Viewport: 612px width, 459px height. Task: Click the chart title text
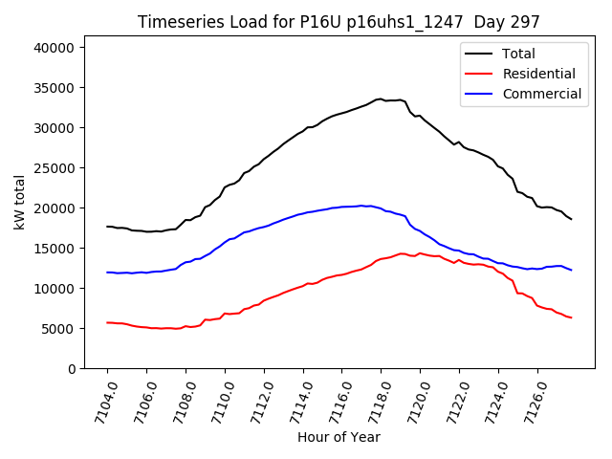pyautogui.click(x=339, y=22)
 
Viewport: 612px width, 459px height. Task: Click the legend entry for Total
pyautogui.click(x=518, y=54)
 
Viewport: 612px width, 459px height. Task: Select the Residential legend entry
pyautogui.click(x=538, y=74)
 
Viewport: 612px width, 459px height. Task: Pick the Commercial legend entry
pyautogui.click(x=541, y=94)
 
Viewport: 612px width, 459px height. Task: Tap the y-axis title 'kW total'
pyautogui.click(x=19, y=202)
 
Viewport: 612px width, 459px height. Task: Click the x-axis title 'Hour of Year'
pyautogui.click(x=339, y=437)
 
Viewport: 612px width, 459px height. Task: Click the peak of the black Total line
pyautogui.click(x=381, y=98)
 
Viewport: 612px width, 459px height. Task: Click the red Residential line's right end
pyautogui.click(x=571, y=317)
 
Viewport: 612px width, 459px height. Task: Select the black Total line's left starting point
pyautogui.click(x=107, y=227)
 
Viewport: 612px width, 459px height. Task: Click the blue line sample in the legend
pyautogui.click(x=479, y=94)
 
